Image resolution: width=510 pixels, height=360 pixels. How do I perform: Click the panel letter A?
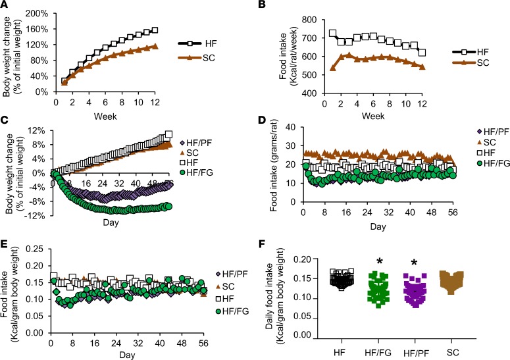5,6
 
